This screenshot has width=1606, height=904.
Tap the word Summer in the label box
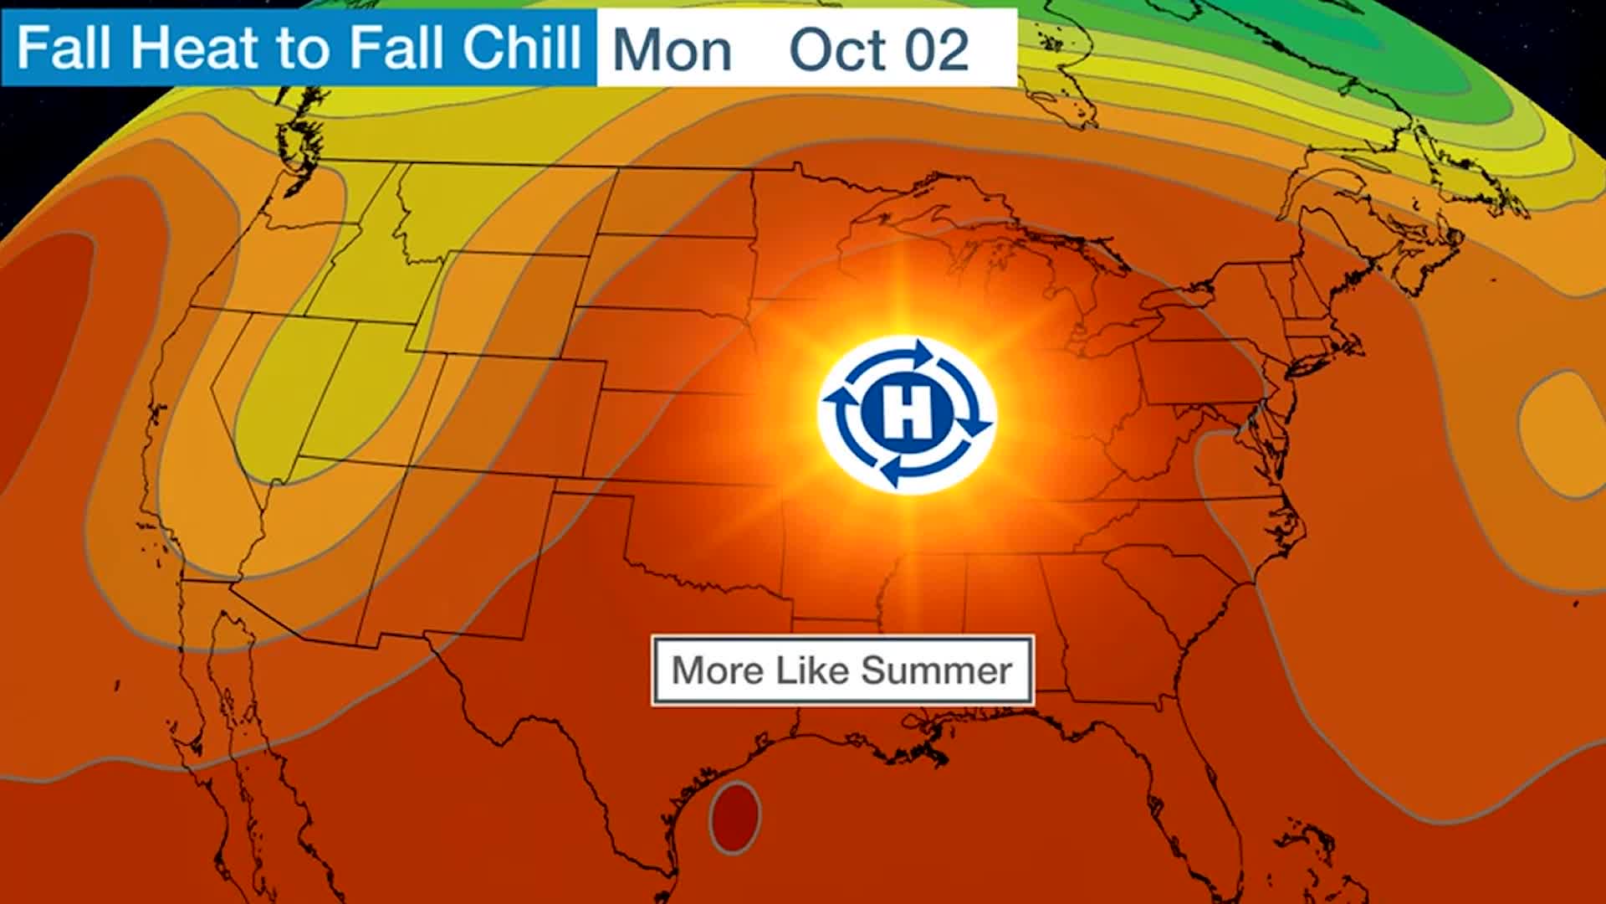coord(936,670)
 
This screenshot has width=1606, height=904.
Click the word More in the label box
coord(718,670)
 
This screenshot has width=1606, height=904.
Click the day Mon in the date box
coord(672,50)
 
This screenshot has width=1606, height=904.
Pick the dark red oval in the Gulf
coord(735,817)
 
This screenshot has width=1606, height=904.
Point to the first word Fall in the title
coord(65,48)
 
